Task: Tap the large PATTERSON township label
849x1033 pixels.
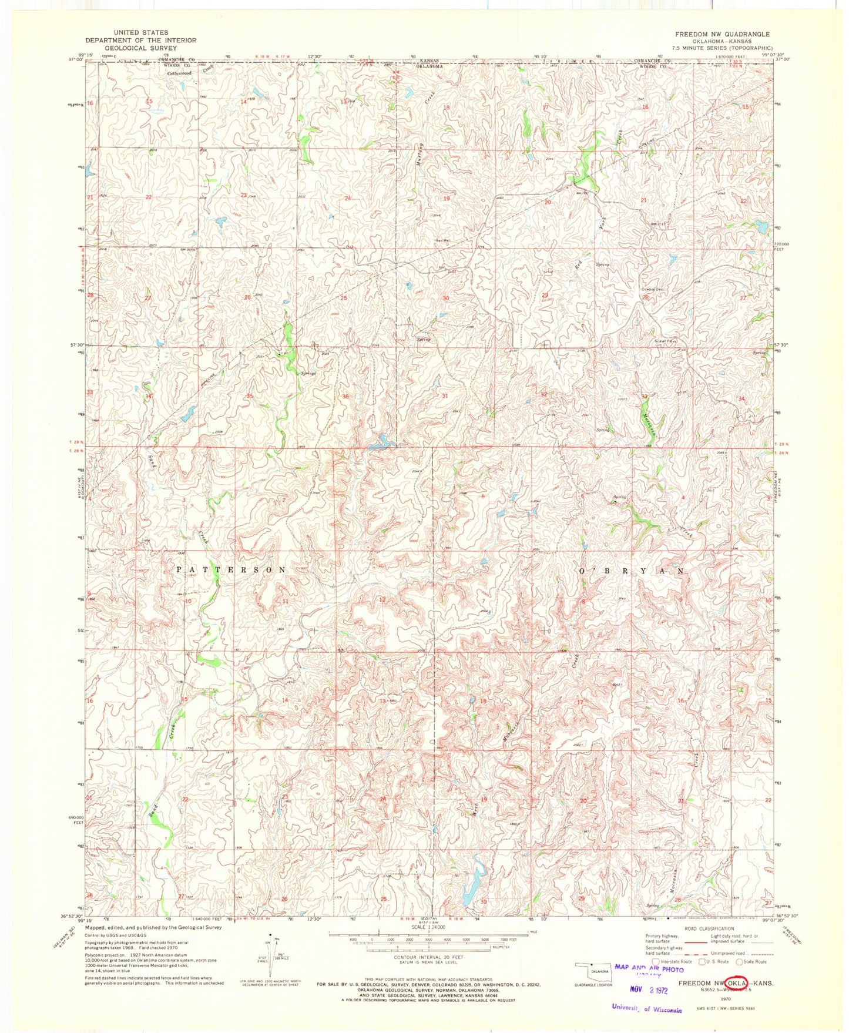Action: click(231, 570)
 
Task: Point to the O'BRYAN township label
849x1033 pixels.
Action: click(632, 571)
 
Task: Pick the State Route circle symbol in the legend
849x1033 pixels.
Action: click(740, 962)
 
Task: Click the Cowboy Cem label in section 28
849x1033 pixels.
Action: click(652, 290)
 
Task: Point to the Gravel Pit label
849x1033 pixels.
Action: click(662, 341)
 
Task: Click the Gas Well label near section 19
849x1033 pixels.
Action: click(443, 240)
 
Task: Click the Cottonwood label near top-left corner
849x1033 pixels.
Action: click(179, 73)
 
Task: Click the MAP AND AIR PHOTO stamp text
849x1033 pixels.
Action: click(649, 969)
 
